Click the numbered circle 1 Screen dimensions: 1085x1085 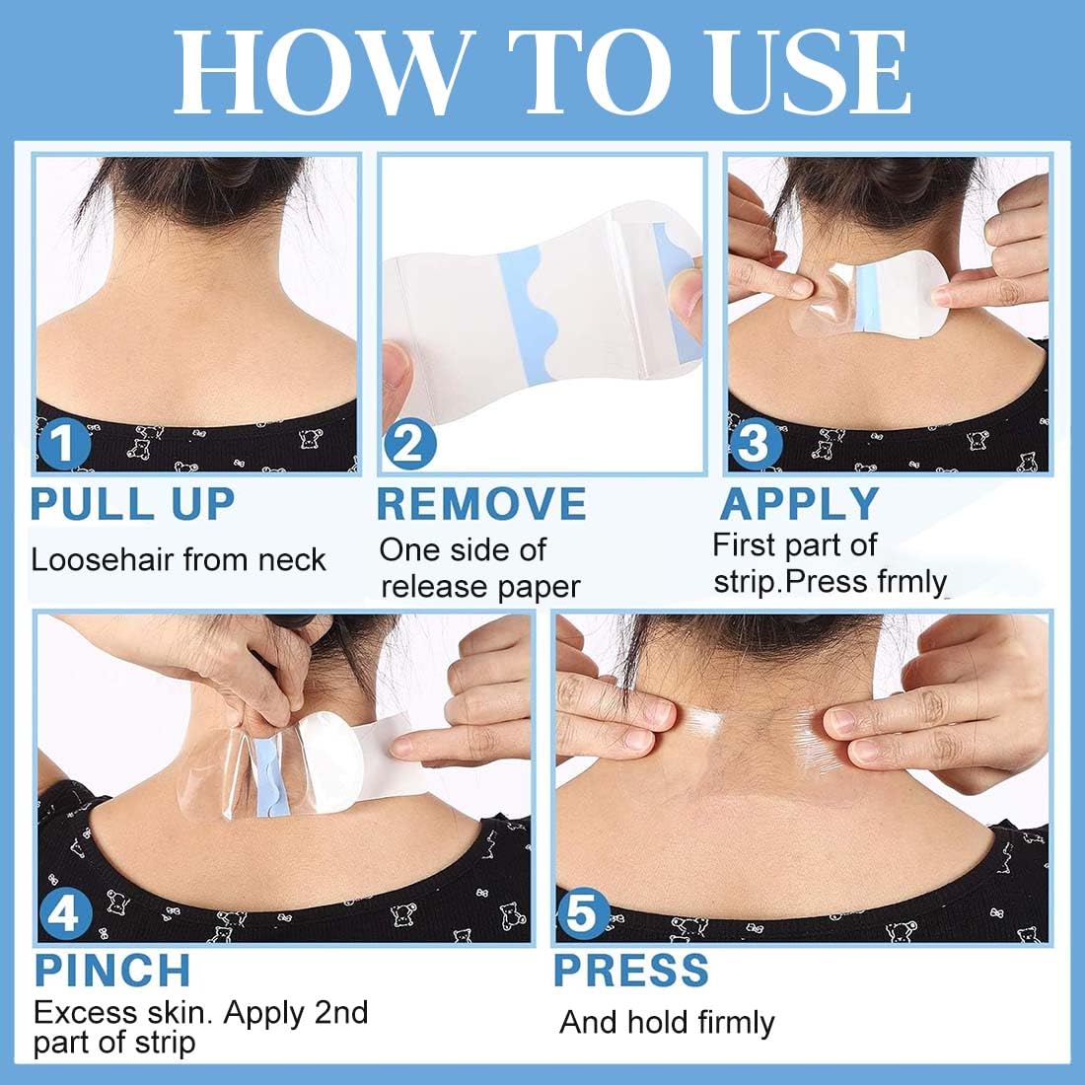pos(64,444)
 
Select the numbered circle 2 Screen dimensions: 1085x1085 pos(409,444)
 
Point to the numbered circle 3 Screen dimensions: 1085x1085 pos(756,444)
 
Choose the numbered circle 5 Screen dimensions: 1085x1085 pos(583,914)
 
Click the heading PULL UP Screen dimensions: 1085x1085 pos(133,504)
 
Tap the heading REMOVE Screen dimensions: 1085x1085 pos(481,504)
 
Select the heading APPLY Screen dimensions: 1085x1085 pos(799,504)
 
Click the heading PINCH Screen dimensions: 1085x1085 pos(112,971)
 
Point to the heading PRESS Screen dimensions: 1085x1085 pos(631,971)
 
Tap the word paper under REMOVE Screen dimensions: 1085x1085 pos(539,588)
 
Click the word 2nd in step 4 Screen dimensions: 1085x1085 pos(341,1013)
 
